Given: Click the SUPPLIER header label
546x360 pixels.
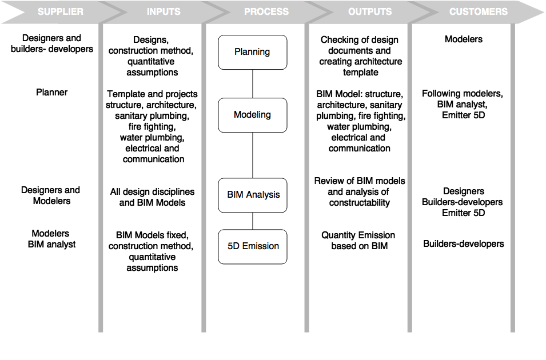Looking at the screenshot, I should [60, 11].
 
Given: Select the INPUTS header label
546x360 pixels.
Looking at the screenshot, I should [164, 11].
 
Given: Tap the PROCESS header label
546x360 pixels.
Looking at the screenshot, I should [266, 11].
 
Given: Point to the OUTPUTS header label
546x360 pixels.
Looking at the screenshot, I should [370, 11].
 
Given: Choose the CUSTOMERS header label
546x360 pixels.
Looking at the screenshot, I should [478, 11].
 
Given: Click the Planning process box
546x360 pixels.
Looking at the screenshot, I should [252, 52].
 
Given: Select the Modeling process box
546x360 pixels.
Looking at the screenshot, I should [252, 115].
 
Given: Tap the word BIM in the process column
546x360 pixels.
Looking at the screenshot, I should [235, 195].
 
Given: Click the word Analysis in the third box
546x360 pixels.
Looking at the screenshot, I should [263, 195].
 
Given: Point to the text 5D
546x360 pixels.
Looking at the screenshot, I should [233, 246].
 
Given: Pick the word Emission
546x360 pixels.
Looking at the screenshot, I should [261, 246].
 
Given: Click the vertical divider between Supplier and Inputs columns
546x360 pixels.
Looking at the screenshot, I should [101, 177].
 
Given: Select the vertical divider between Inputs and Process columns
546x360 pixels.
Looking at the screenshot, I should [204, 177].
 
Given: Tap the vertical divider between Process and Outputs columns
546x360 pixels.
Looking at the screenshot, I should [306, 177].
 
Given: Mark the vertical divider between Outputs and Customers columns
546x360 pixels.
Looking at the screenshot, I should [409, 177].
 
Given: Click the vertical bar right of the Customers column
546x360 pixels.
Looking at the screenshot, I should [512, 177].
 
